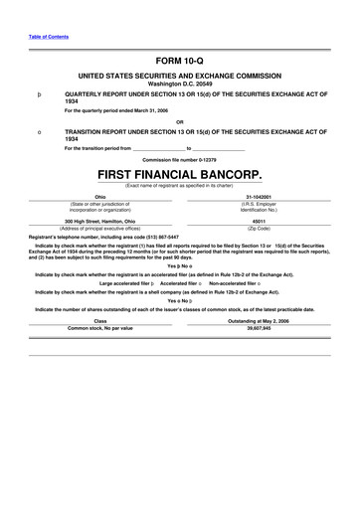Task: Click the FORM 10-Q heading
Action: coord(179,60)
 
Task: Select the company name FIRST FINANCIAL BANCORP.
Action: coord(179,174)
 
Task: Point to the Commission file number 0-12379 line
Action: coord(179,159)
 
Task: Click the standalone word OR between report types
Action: coord(179,123)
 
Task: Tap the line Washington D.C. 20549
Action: coord(179,83)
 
